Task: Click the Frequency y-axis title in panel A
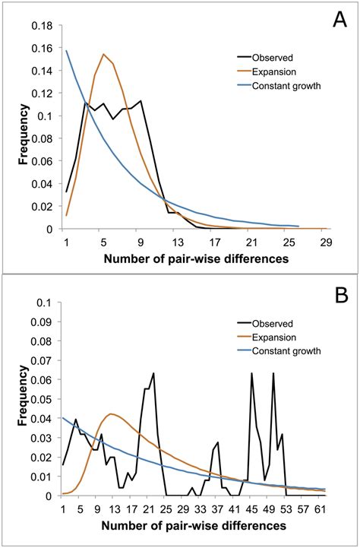16,127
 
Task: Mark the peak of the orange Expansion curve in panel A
104,54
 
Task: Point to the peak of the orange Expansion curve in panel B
111,414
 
